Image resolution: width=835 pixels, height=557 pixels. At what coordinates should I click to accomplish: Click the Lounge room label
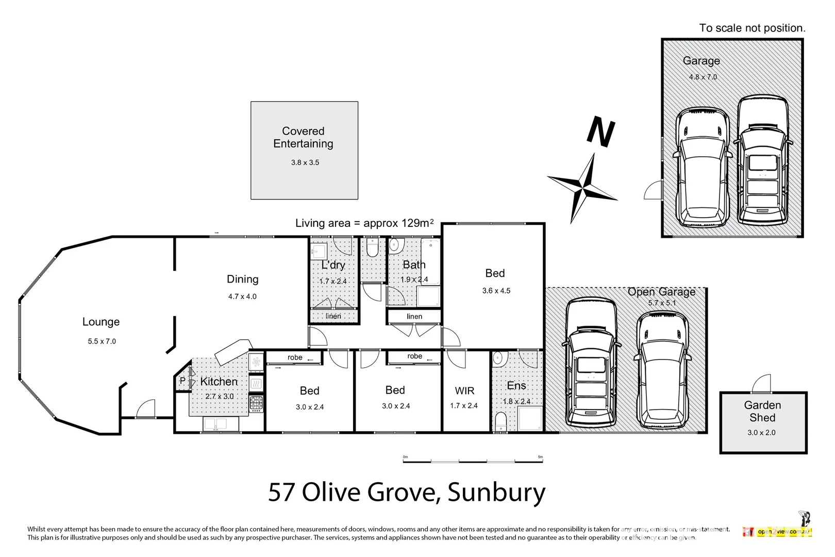(101, 322)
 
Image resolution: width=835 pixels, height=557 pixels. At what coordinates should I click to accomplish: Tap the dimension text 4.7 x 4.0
(242, 297)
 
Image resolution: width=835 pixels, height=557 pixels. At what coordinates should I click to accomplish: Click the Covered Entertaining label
(303, 137)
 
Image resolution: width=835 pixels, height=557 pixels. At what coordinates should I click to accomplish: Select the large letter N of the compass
(601, 132)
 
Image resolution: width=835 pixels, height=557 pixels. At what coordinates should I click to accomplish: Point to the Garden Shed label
(762, 412)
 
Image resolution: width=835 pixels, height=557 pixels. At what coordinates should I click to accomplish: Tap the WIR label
(464, 391)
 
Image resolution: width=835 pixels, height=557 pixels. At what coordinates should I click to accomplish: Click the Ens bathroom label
(516, 386)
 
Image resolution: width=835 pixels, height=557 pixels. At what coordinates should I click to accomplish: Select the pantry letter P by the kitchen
(182, 381)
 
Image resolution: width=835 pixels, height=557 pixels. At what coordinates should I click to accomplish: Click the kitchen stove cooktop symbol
(256, 403)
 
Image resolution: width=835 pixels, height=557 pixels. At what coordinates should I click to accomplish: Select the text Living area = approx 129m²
(364, 223)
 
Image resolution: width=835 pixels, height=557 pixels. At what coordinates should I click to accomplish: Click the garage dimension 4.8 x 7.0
(703, 77)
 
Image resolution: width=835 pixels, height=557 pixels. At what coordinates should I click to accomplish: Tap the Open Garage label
(661, 292)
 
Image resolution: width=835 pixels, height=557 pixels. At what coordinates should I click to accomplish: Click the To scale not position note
(751, 28)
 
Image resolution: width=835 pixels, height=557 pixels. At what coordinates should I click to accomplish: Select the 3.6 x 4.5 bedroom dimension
(496, 291)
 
